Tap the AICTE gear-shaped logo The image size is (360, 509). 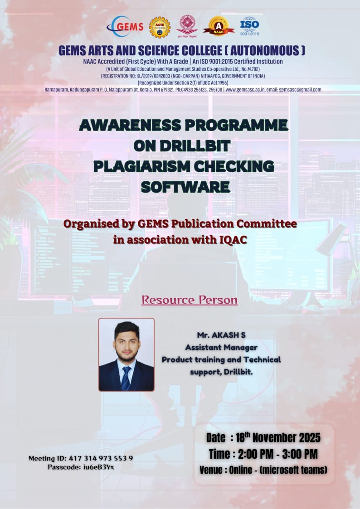click(159, 27)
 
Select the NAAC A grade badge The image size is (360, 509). click(219, 26)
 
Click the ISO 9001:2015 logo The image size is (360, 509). click(249, 26)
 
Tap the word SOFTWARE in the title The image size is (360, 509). click(185, 186)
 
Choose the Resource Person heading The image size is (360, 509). click(189, 300)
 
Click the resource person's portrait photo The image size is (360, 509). click(126, 354)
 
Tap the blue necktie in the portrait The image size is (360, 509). click(126, 378)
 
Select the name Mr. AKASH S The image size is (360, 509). click(221, 335)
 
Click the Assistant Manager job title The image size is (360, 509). click(221, 347)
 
